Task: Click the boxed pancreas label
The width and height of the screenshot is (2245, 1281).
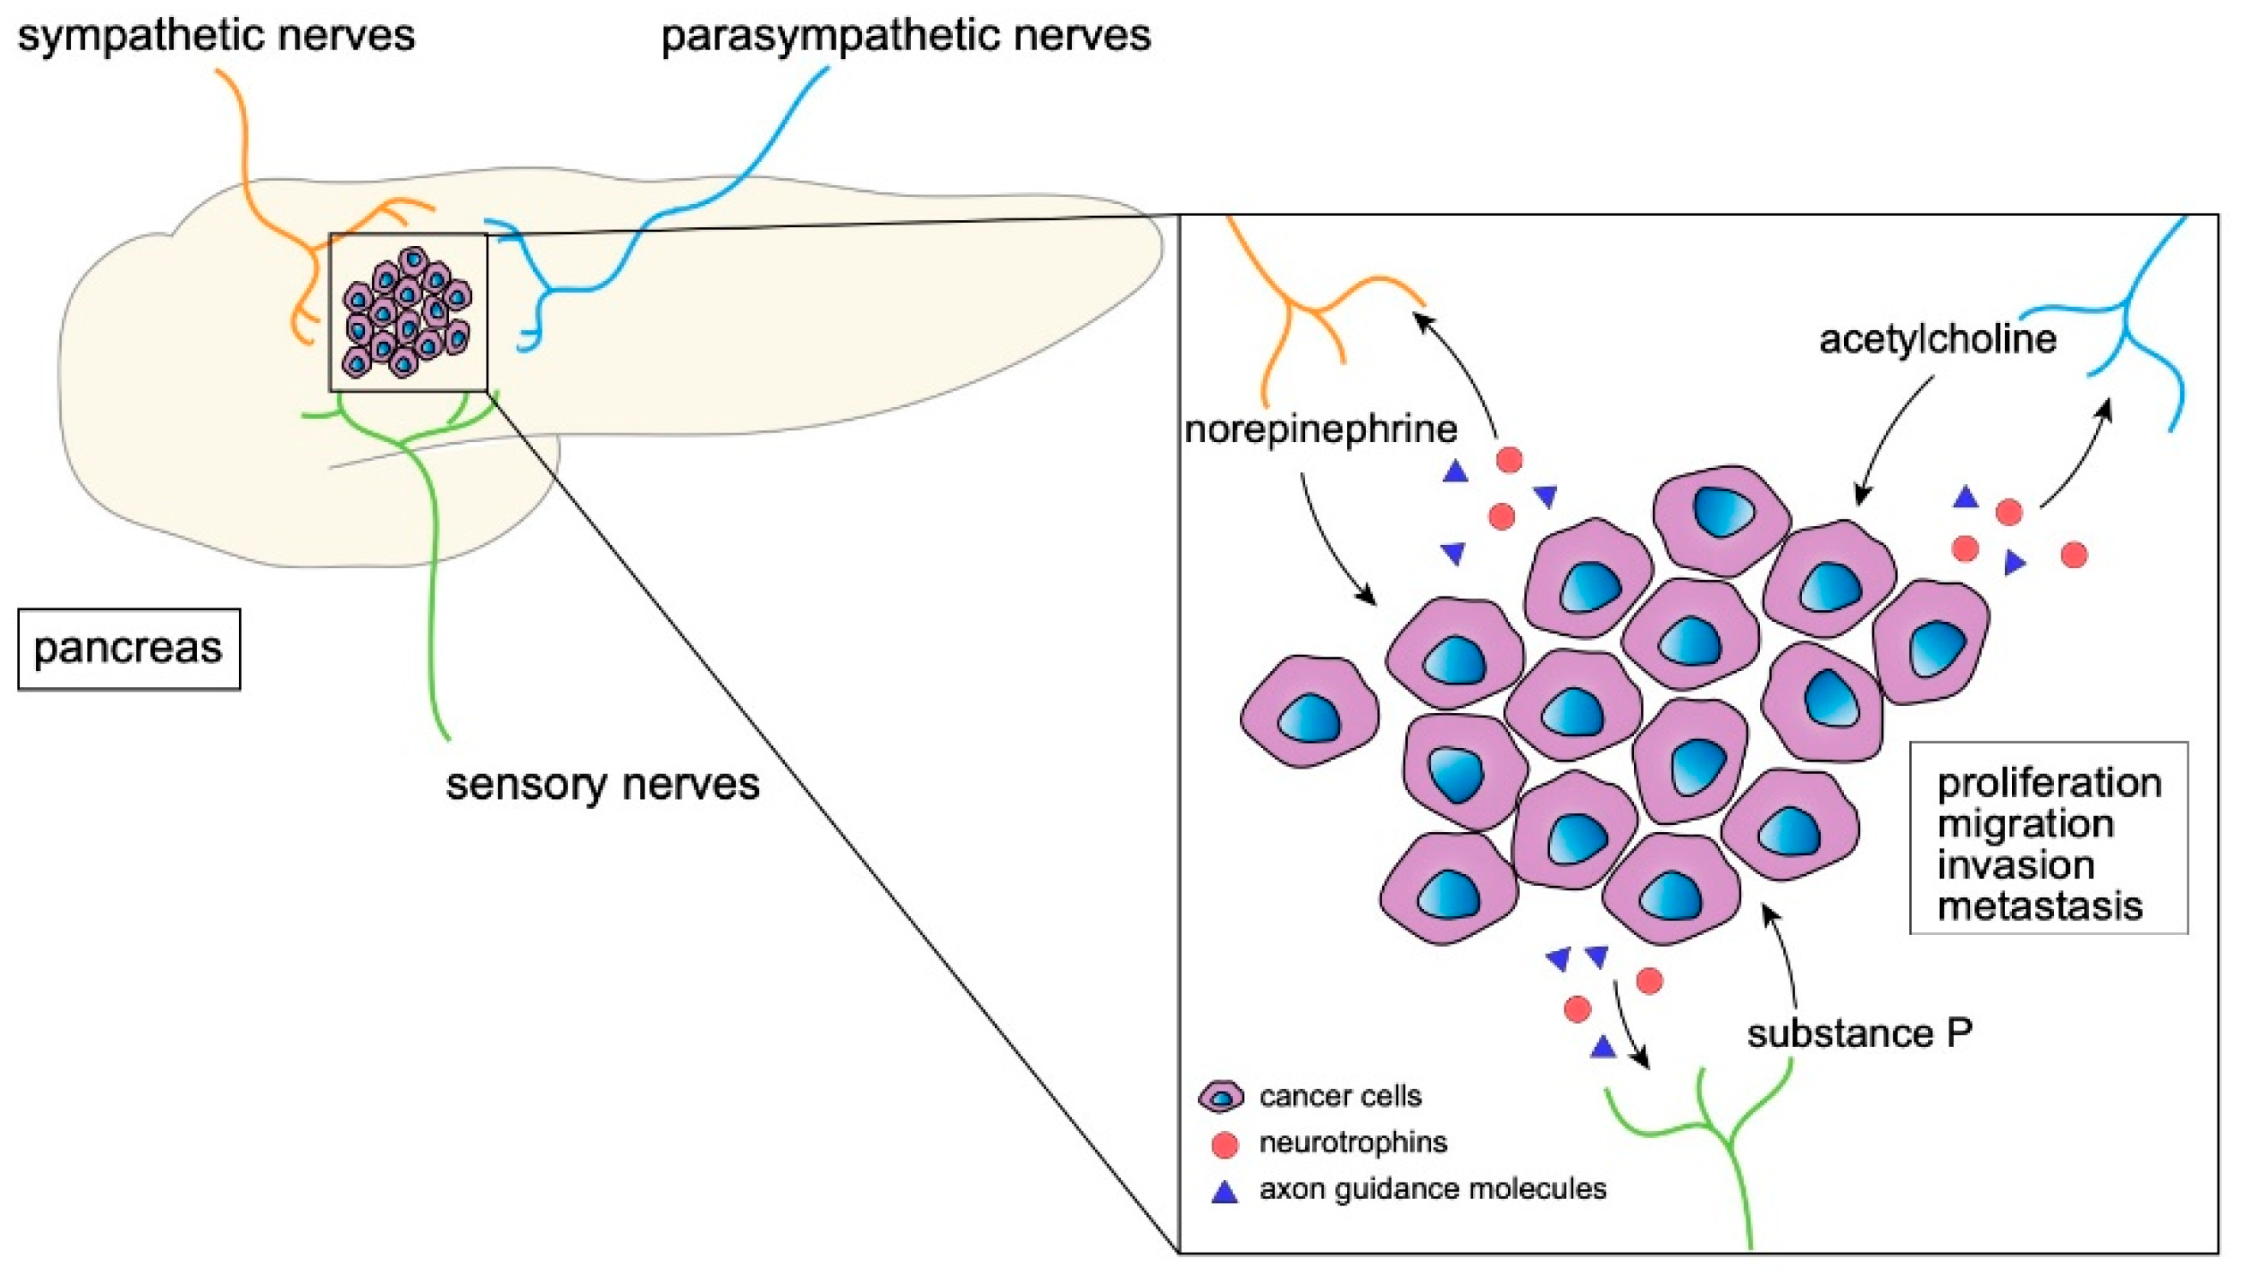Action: pyautogui.click(x=129, y=649)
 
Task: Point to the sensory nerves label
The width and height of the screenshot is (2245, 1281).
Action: pyautogui.click(x=602, y=784)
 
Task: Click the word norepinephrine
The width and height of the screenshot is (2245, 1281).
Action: pyautogui.click(x=1320, y=430)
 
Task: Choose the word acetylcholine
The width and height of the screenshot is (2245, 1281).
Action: pyautogui.click(x=1937, y=339)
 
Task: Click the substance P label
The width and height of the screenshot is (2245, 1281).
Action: pyautogui.click(x=1859, y=1033)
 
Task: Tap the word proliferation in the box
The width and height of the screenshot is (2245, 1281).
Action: pyautogui.click(x=2049, y=783)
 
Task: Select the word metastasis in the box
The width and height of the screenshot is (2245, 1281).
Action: pyautogui.click(x=2039, y=907)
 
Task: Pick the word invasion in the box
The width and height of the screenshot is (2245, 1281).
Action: pyautogui.click(x=2015, y=865)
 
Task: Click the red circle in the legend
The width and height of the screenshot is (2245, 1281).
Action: pyautogui.click(x=1224, y=1144)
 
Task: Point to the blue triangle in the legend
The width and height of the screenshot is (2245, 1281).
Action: pyautogui.click(x=1224, y=1192)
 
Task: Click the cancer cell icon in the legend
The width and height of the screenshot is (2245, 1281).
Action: pyautogui.click(x=1221, y=1096)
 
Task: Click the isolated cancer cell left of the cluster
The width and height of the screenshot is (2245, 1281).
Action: pyautogui.click(x=1309, y=711)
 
